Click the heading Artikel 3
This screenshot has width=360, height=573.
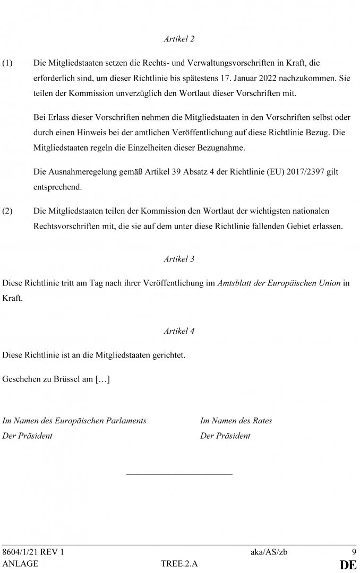point(179,259)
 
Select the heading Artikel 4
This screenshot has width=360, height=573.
point(179,331)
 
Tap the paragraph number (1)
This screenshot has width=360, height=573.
point(7,63)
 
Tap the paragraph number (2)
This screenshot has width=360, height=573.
point(7,211)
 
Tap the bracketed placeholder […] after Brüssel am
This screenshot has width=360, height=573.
point(102,380)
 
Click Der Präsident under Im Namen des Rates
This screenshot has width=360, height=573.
point(225,436)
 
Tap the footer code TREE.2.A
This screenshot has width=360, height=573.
point(179,564)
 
